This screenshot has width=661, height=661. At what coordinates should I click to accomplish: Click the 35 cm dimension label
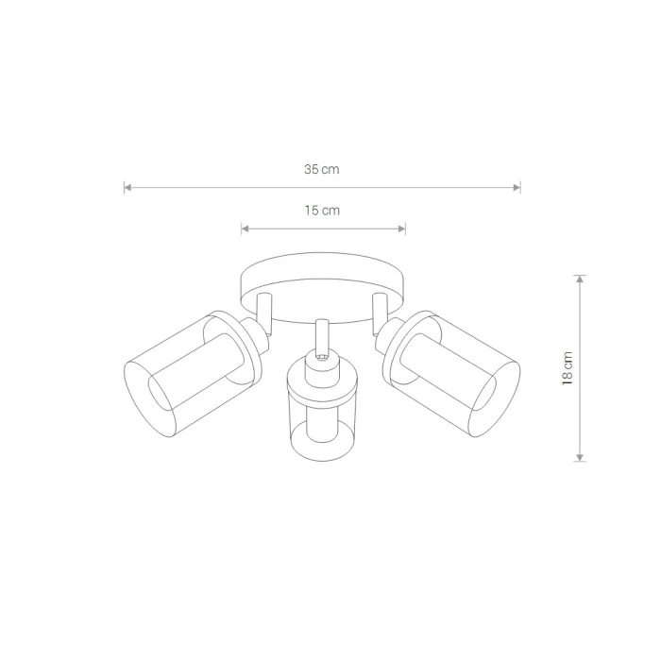322,169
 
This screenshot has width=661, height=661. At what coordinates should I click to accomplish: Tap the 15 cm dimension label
322,211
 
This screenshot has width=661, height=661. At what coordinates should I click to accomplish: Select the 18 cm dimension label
568,368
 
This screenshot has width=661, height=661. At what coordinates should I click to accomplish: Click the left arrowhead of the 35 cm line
127,188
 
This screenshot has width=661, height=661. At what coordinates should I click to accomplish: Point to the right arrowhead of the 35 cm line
517,188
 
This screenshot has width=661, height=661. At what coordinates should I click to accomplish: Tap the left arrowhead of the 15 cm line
245,229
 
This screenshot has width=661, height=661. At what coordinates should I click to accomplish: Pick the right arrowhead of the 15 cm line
401,229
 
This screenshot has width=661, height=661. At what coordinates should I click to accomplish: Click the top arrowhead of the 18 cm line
580,279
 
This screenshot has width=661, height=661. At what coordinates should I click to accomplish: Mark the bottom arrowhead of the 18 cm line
580,458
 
